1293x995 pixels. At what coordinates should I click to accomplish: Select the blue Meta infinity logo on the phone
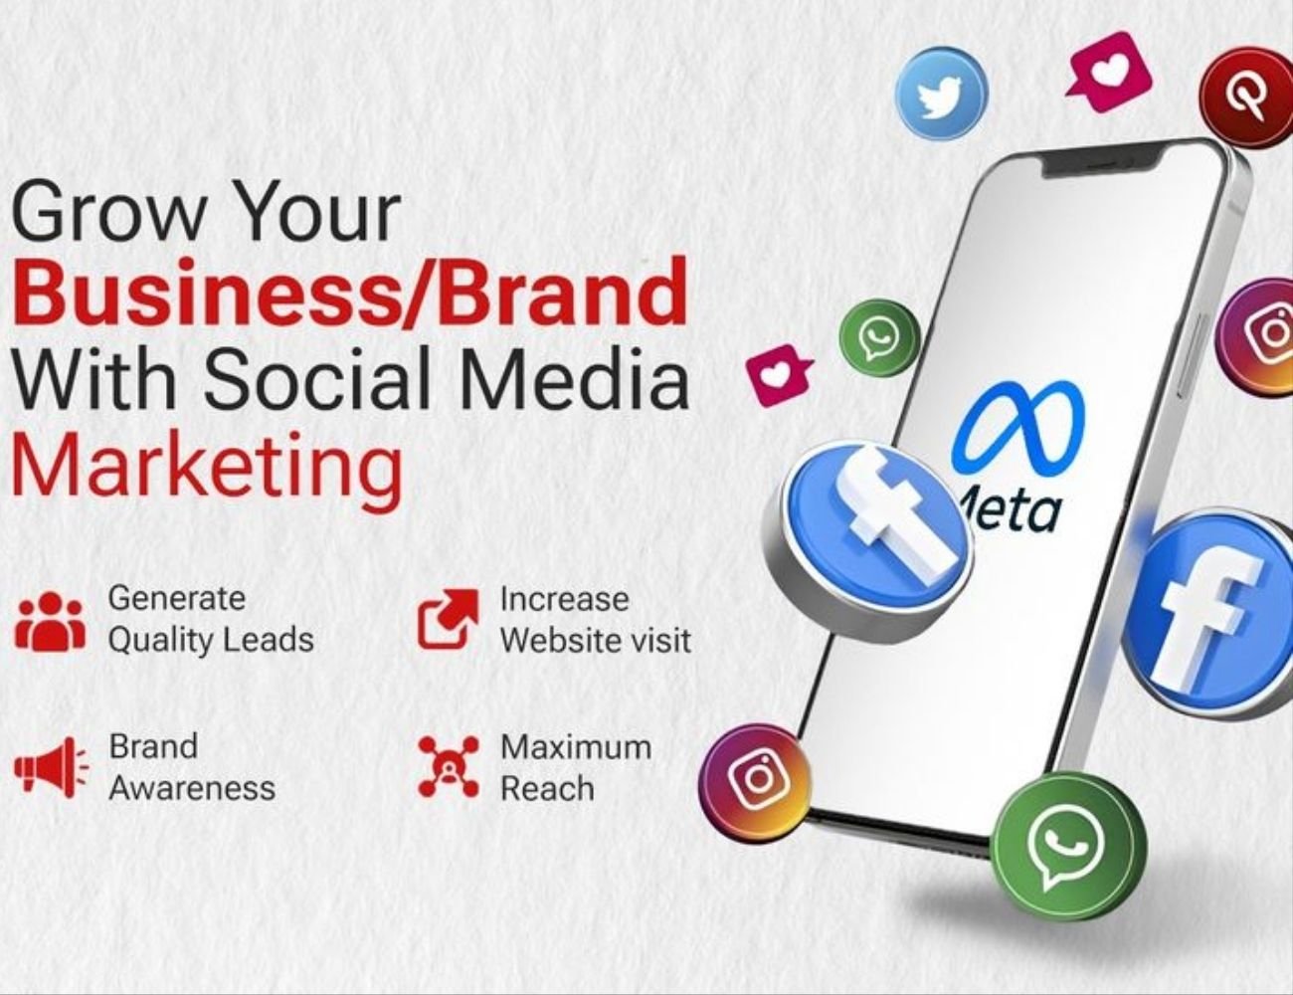coord(1016,428)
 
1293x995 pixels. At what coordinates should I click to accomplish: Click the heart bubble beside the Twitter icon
coord(1109,72)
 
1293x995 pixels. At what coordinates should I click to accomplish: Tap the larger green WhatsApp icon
coord(1067,847)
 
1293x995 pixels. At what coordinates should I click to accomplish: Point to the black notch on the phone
coord(1101,162)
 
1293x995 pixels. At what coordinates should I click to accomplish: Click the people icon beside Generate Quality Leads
coord(50,621)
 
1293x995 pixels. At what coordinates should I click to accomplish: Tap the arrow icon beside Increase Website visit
coord(447,619)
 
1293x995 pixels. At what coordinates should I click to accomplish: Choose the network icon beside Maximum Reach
coord(449,767)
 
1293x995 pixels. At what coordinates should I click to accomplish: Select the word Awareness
coord(192,788)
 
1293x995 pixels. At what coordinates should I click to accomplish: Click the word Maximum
coord(576,746)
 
